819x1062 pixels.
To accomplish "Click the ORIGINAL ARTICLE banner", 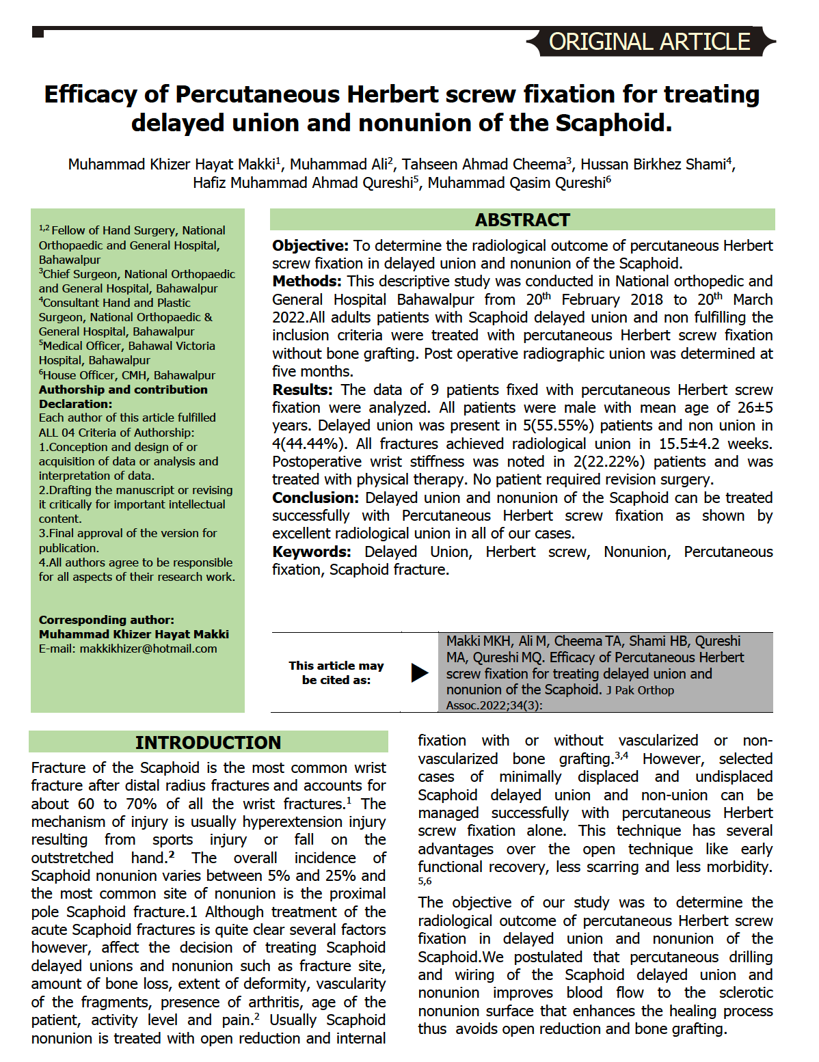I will click(x=649, y=42).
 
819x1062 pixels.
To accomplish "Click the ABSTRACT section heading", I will click(x=522, y=220).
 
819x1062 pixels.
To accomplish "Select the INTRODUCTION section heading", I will click(x=208, y=742).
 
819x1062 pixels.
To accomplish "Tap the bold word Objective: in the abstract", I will click(x=310, y=245).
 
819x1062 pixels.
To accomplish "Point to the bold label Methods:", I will click(x=307, y=282).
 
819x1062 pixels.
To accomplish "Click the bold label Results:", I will click(x=302, y=390).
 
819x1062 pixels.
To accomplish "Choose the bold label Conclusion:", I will click(x=315, y=498).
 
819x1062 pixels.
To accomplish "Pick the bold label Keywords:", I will click(x=312, y=552).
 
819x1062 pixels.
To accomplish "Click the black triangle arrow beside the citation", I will click(x=419, y=672).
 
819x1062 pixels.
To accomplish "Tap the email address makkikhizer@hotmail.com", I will click(x=148, y=649).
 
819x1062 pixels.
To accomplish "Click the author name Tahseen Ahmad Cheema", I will click(x=484, y=165).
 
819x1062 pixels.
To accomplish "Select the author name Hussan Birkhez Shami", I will click(x=653, y=165).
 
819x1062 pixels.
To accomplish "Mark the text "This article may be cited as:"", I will click(x=336, y=672).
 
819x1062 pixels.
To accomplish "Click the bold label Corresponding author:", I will click(x=106, y=620).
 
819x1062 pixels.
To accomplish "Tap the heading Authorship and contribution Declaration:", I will click(x=123, y=396).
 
